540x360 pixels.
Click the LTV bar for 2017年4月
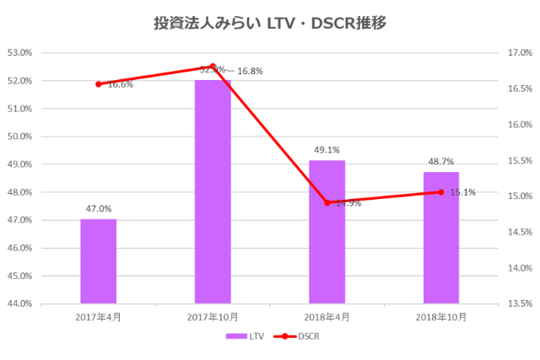[x=98, y=261]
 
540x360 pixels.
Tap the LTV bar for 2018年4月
[x=327, y=232]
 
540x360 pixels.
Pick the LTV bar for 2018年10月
[x=440, y=238]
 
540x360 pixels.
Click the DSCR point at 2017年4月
[x=98, y=84]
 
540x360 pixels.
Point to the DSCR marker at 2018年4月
[x=327, y=202]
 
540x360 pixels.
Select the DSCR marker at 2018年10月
[x=440, y=192]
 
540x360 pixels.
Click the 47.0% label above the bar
[x=98, y=208]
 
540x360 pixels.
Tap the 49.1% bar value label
[x=327, y=150]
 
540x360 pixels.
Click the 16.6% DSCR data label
[x=120, y=84]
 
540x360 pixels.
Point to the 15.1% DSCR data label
[x=462, y=192]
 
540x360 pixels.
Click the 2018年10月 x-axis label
[x=440, y=317]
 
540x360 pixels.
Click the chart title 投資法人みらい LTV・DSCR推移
[x=269, y=23]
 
